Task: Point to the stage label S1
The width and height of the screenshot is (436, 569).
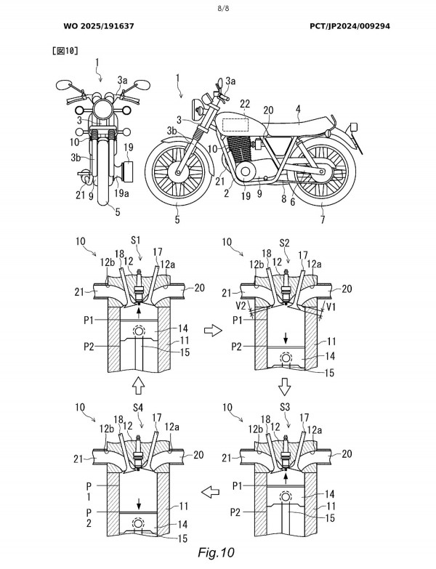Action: (137, 238)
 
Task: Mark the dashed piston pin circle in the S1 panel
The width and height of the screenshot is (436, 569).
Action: (137, 334)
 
